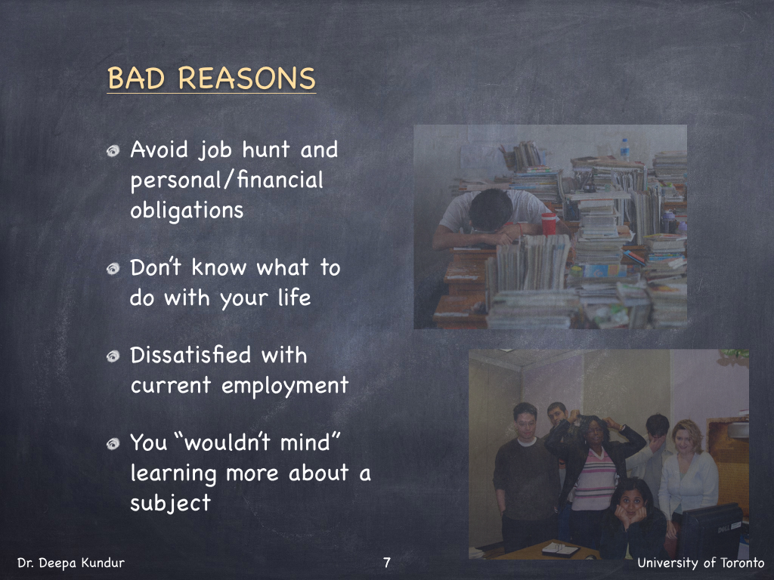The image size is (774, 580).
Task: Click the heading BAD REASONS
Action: coord(212,78)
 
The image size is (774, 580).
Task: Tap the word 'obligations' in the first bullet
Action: coord(187,211)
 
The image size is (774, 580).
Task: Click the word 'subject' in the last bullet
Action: coord(170,502)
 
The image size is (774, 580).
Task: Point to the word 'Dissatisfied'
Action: coord(191,355)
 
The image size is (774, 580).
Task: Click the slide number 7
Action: coord(387,562)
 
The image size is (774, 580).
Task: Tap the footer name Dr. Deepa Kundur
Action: coord(71,563)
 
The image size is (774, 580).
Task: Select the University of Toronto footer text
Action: coord(701,563)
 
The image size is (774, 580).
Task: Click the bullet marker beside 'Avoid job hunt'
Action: coord(113,151)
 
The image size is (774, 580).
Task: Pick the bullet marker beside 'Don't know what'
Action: coord(113,268)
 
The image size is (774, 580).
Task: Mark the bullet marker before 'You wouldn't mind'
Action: coord(113,444)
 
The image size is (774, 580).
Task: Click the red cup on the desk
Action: coord(549,224)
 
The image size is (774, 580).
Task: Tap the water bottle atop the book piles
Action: coord(624,149)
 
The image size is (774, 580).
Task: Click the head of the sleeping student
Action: coord(491,210)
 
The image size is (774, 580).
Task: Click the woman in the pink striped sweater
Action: coord(594,474)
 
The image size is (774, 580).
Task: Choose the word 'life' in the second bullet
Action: coord(294,298)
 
